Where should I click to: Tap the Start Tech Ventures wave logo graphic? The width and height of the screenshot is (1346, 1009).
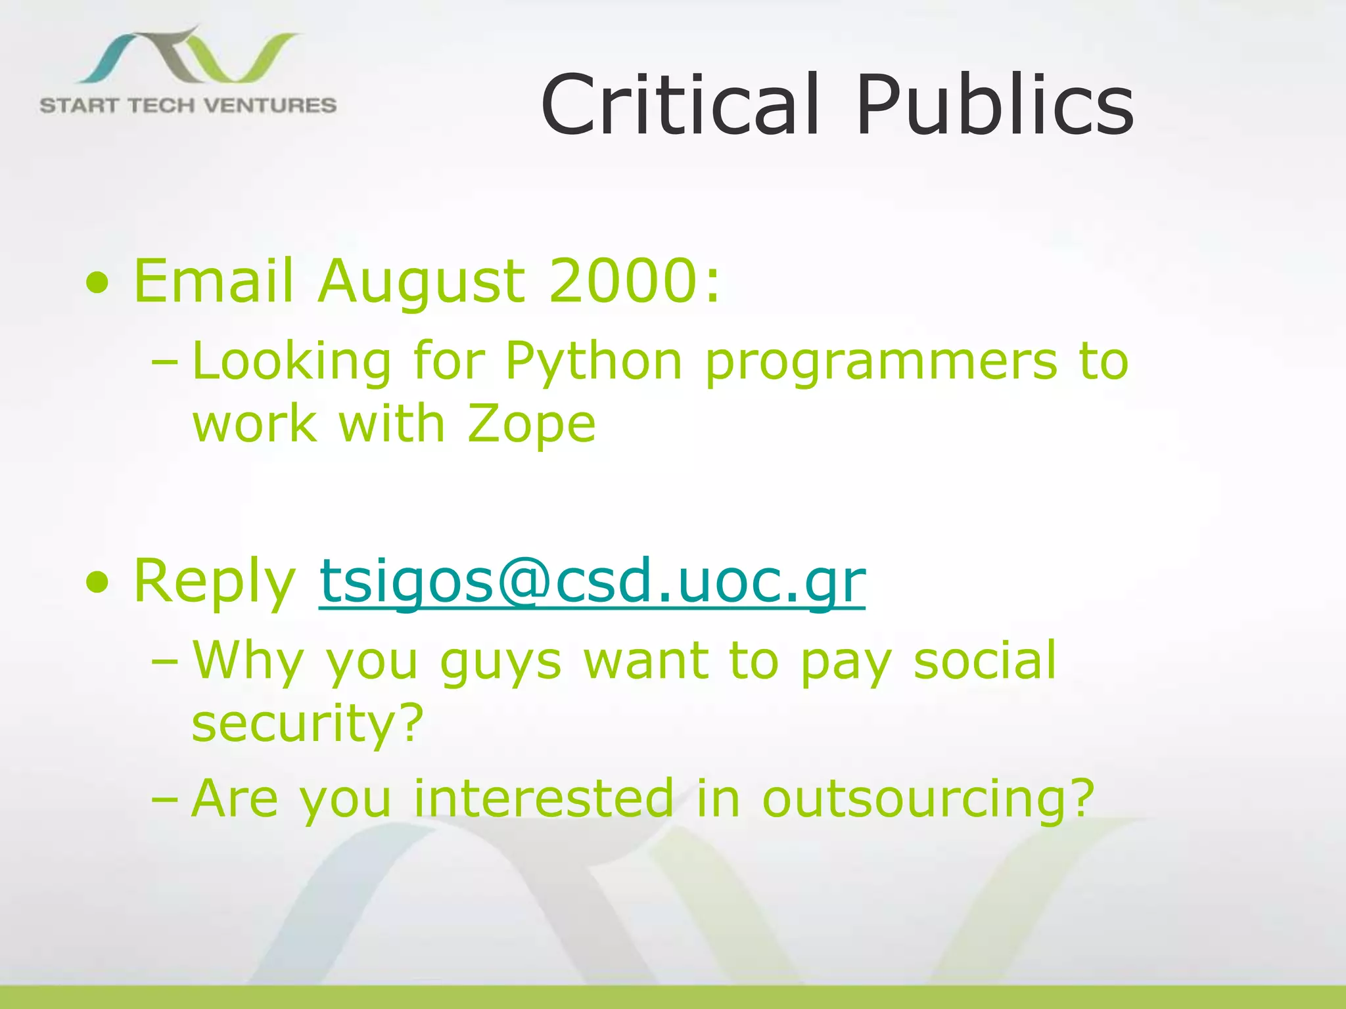coord(191,56)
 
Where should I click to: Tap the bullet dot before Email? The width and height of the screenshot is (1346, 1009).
coord(97,284)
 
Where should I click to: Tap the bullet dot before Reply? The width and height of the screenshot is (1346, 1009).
coord(97,582)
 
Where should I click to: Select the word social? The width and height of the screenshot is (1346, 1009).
coord(985,660)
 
